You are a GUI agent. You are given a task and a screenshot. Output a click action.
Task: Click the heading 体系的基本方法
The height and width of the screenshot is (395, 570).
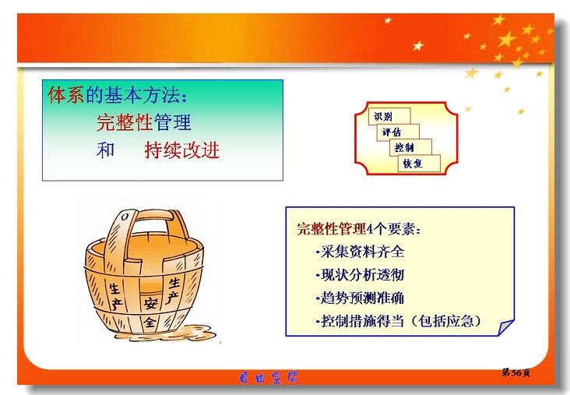coord(118,96)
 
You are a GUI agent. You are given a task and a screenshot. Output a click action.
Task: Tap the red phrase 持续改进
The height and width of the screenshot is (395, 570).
coord(181,150)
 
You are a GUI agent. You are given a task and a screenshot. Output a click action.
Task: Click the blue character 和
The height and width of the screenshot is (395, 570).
coord(106,150)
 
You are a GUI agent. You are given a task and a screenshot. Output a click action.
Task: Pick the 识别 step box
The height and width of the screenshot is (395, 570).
coord(389,116)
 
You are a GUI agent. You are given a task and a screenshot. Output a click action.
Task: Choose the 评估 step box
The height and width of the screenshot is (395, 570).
coord(398,132)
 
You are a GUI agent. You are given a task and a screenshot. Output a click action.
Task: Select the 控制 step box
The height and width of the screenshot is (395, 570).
coord(411,147)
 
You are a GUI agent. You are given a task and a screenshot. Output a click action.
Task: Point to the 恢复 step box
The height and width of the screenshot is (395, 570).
coord(419,164)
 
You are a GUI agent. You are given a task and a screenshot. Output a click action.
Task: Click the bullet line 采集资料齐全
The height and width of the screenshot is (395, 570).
coord(361,252)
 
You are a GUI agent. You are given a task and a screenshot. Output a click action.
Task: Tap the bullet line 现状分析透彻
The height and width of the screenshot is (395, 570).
coord(361,275)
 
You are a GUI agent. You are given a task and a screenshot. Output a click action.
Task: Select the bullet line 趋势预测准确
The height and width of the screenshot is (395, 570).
coord(361,298)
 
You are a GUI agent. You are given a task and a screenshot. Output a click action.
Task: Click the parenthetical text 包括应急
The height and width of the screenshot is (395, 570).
coord(446,321)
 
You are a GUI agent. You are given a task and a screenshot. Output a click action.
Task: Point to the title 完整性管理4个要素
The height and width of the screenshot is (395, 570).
coord(359,229)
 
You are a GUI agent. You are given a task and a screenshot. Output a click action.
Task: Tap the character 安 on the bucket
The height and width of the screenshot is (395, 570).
coord(150,302)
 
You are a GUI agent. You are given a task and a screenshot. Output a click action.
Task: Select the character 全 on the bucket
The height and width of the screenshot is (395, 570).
coord(150,322)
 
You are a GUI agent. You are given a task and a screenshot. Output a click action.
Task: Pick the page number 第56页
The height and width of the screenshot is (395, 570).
coord(516,372)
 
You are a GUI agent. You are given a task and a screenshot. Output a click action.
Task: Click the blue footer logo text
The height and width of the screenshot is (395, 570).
coord(269,378)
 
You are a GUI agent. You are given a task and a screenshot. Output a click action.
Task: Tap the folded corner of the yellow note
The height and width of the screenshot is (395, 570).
coord(505,328)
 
